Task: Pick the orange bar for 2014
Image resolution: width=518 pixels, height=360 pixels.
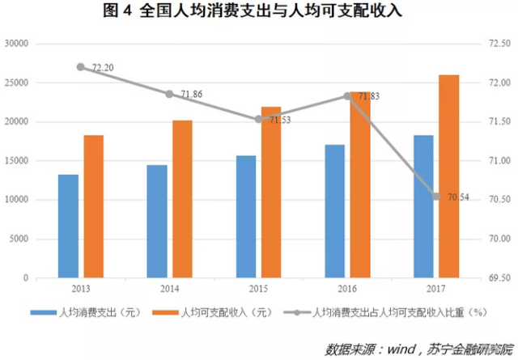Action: (182, 199)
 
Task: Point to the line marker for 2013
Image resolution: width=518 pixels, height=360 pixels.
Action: (81, 67)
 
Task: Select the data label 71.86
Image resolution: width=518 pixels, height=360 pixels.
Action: (190, 95)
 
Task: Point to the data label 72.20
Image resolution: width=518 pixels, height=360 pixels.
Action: (102, 69)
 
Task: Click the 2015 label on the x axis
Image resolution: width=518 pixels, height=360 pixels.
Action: (258, 288)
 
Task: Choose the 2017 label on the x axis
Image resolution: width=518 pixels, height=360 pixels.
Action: (435, 288)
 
